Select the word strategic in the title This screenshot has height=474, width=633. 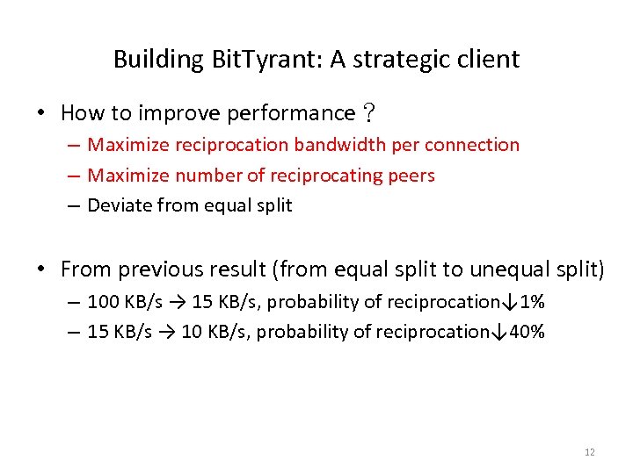407,60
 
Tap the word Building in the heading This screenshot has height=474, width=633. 158,60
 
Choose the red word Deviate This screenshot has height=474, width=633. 118,206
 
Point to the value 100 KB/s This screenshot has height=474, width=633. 125,302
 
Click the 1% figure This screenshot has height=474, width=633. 532,302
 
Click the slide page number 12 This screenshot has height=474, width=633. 589,453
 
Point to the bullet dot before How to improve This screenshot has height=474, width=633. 41,113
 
